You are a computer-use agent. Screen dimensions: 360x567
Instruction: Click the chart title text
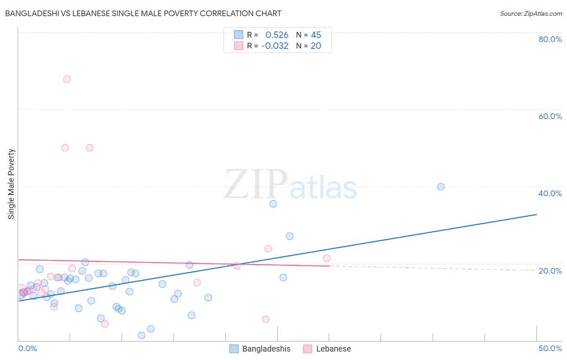(x=143, y=13)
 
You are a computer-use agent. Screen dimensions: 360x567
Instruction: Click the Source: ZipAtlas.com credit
(x=531, y=13)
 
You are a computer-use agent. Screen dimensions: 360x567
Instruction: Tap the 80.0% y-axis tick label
(x=550, y=39)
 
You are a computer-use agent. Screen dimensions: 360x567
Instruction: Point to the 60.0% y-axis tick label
(x=550, y=116)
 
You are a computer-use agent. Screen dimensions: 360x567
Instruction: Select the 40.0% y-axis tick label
(x=550, y=193)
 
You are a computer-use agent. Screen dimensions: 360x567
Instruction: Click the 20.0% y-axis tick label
(x=550, y=270)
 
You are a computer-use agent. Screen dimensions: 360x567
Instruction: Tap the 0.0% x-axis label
(x=27, y=348)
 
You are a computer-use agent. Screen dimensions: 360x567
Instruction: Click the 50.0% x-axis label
(x=550, y=348)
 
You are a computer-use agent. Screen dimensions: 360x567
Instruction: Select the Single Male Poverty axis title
(x=11, y=184)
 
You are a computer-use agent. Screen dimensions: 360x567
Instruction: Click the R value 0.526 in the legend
(x=277, y=35)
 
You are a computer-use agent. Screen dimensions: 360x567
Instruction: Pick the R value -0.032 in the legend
(x=275, y=46)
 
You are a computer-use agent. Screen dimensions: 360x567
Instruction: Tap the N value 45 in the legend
(x=316, y=35)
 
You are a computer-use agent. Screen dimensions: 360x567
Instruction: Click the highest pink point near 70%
(x=67, y=79)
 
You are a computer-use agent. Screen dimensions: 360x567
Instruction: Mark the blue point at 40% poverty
(x=441, y=186)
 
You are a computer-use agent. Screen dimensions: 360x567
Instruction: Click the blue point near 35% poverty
(x=273, y=204)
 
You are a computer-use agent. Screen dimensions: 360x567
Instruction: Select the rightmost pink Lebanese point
(x=327, y=258)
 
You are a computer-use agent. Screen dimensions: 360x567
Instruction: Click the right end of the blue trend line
(x=536, y=214)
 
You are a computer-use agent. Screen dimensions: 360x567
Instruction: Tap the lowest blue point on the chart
(x=142, y=335)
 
